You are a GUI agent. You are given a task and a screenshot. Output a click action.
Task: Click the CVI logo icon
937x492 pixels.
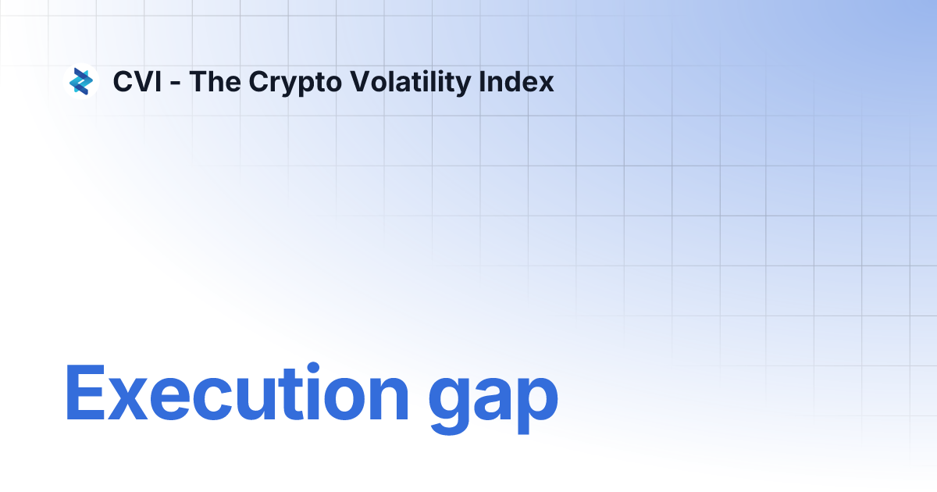(81, 81)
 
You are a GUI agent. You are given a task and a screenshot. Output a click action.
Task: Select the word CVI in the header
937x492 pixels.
(137, 82)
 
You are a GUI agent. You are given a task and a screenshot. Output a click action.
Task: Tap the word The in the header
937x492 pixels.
(215, 82)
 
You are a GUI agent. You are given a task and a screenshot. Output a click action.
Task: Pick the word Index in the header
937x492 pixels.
(522, 82)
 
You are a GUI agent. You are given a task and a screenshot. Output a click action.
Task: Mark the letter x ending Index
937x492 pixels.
(547, 84)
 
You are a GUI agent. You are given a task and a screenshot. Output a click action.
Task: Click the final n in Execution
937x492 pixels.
(387, 400)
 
